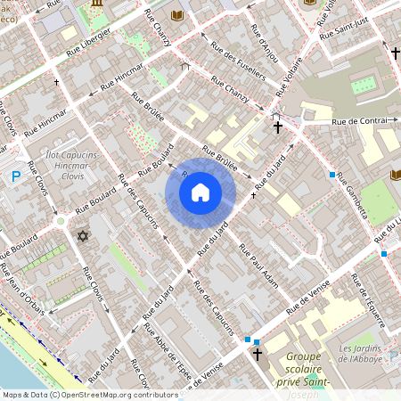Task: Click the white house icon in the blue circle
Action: click(200, 192)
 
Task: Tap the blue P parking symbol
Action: click(15, 177)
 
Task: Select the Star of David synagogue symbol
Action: click(84, 236)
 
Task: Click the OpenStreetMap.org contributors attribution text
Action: click(116, 394)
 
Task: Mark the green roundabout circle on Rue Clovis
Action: click(61, 220)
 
